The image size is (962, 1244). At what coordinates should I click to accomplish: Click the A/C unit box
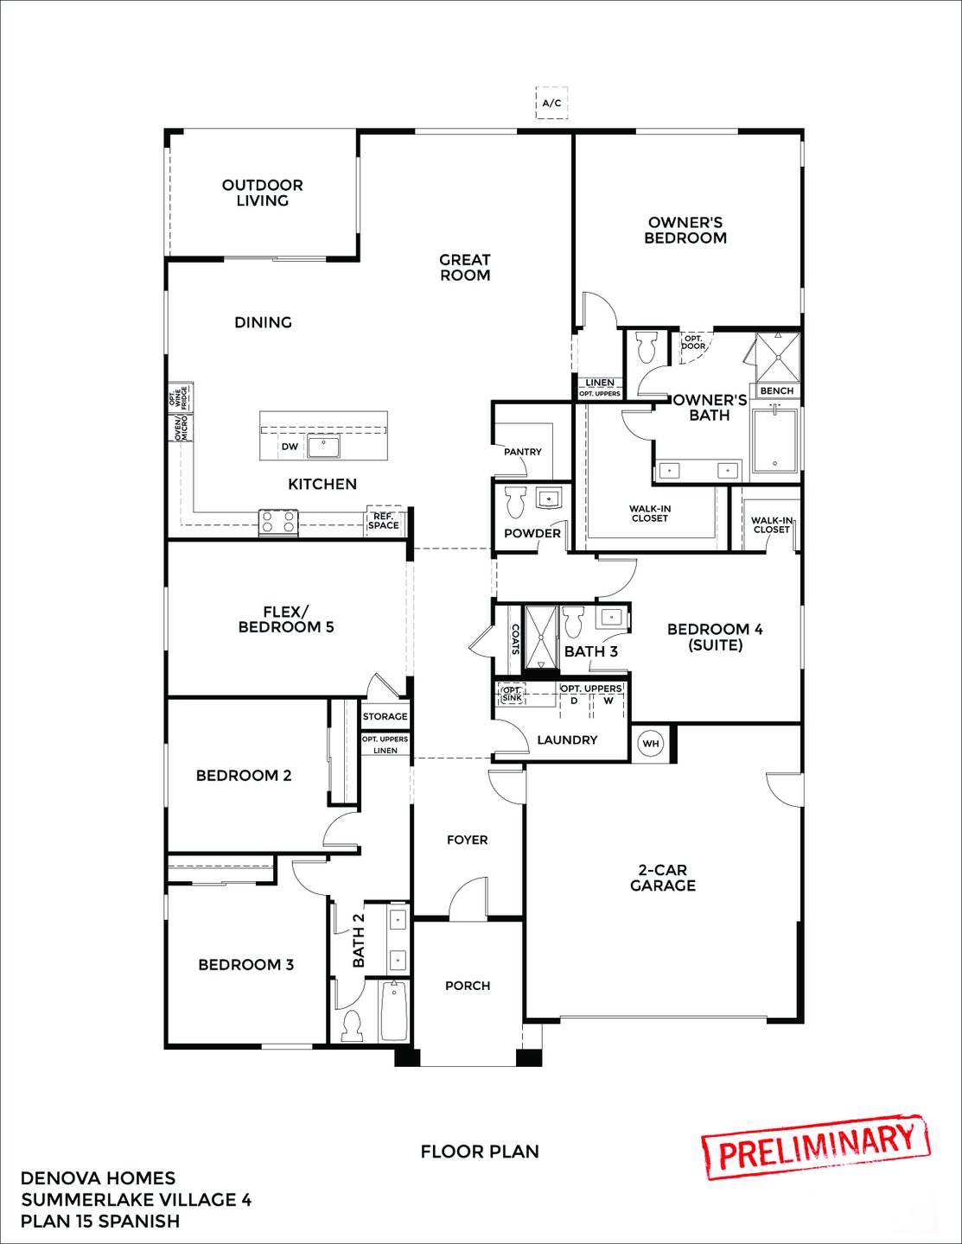(551, 104)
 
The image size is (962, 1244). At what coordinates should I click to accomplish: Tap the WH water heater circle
(651, 743)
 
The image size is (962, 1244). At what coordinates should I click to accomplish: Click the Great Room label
(464, 267)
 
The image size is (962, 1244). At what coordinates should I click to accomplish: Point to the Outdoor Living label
(262, 193)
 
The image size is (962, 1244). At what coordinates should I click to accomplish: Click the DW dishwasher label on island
(290, 447)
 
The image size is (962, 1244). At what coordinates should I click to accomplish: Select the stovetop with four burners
(278, 522)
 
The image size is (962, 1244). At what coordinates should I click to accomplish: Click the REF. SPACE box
(384, 521)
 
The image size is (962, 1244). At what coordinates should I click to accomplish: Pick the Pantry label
(522, 452)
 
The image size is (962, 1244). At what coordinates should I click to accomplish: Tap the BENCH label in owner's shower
(776, 390)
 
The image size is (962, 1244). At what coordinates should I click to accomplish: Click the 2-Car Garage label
(662, 878)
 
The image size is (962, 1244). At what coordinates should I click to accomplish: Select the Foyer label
(467, 840)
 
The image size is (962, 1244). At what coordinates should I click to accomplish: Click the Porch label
(468, 986)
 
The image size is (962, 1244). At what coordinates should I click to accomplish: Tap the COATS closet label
(515, 639)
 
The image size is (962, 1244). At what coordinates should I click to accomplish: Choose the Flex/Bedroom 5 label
(286, 619)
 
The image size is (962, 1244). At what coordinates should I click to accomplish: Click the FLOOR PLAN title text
(480, 1152)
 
